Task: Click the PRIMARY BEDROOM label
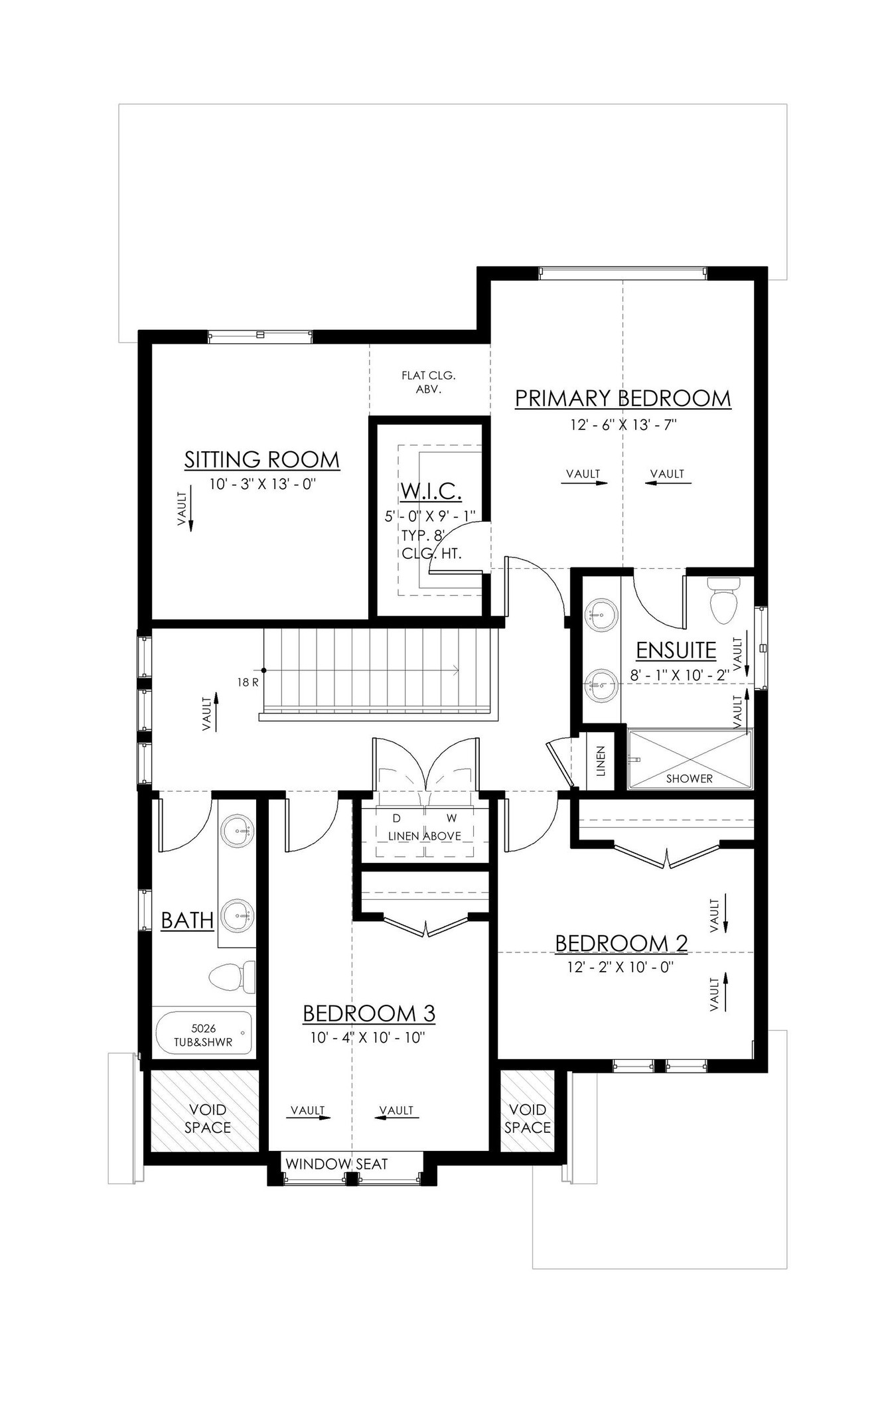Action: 622,398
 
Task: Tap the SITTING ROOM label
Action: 261,459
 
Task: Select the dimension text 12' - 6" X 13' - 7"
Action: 622,425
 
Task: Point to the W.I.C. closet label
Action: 431,492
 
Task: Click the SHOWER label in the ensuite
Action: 689,778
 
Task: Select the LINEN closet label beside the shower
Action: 601,761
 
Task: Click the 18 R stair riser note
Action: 246,682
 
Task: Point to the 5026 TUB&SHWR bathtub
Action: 203,1036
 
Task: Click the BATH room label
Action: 187,921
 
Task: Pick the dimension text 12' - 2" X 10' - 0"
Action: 620,967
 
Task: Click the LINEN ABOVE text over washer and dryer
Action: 424,836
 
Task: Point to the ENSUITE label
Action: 676,650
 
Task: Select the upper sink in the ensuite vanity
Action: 601,613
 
